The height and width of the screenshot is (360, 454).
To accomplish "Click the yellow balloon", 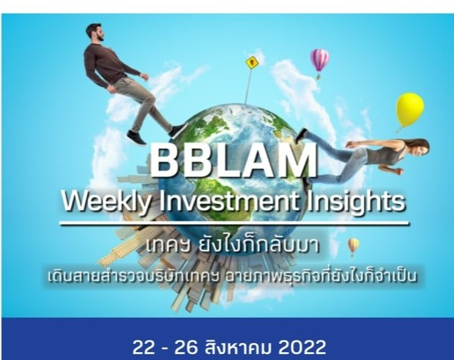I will click(409, 108).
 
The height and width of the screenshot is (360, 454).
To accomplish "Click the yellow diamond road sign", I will click(253, 62).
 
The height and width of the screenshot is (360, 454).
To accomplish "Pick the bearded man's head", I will click(94, 32).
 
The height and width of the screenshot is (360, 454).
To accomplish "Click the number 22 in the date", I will click(145, 344).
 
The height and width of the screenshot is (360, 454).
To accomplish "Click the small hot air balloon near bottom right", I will click(354, 244).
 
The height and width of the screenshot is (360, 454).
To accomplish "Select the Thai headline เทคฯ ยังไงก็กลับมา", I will click(227, 245).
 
